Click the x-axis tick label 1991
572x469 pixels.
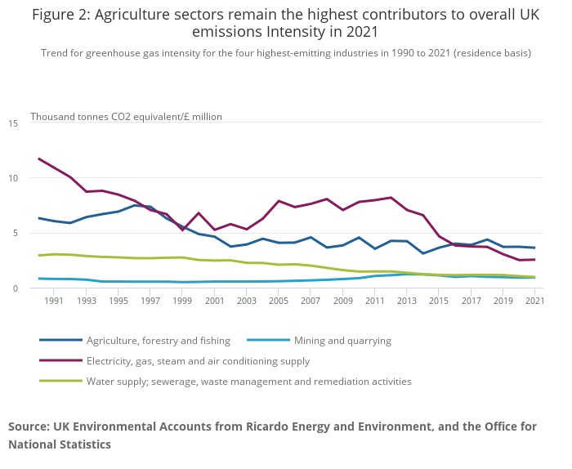pos(54,301)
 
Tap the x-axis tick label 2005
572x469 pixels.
pos(279,301)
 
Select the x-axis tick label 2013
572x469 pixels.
pos(407,301)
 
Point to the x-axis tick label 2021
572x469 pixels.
pos(535,301)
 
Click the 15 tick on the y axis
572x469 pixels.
pos(13,123)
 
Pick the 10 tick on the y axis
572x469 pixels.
pos(13,178)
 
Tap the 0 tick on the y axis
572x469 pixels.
pos(16,288)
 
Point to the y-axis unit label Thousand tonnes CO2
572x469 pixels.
pos(126,117)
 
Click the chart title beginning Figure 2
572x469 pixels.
pos(285,23)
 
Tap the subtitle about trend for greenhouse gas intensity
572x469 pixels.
pos(285,53)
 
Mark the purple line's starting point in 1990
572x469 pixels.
pos(38,159)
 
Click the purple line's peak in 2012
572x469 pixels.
pos(391,198)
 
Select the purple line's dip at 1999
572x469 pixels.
pos(183,230)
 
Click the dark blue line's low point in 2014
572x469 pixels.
pos(423,253)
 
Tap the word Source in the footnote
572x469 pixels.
pos(29,427)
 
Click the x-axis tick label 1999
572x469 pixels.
pos(182,301)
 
